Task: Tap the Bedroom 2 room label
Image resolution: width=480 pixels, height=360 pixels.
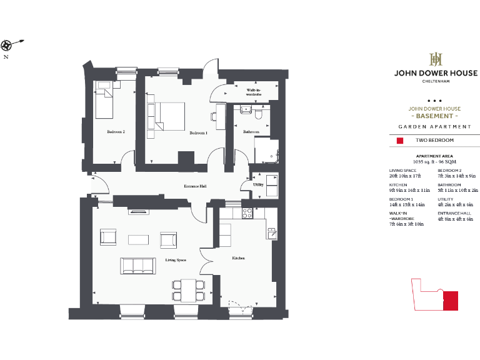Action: pyautogui.click(x=116, y=132)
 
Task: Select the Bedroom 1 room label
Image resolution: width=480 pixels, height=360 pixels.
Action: pyautogui.click(x=198, y=132)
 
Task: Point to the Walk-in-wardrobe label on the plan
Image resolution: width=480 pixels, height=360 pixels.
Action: pyautogui.click(x=253, y=92)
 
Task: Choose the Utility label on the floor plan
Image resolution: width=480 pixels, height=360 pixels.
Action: pyautogui.click(x=257, y=185)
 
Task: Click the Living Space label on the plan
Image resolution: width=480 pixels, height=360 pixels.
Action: pyautogui.click(x=176, y=259)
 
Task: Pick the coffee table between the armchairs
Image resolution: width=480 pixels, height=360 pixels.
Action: pyautogui.click(x=139, y=239)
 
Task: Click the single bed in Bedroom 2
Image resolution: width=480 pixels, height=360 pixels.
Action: pyautogui.click(x=105, y=102)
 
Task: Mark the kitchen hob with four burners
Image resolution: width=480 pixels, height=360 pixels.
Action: pyautogui.click(x=246, y=213)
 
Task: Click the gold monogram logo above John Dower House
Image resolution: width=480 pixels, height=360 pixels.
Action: pyautogui.click(x=434, y=59)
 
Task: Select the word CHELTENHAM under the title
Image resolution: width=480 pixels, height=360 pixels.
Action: pyautogui.click(x=434, y=81)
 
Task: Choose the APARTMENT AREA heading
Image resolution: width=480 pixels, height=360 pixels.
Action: pyautogui.click(x=434, y=156)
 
